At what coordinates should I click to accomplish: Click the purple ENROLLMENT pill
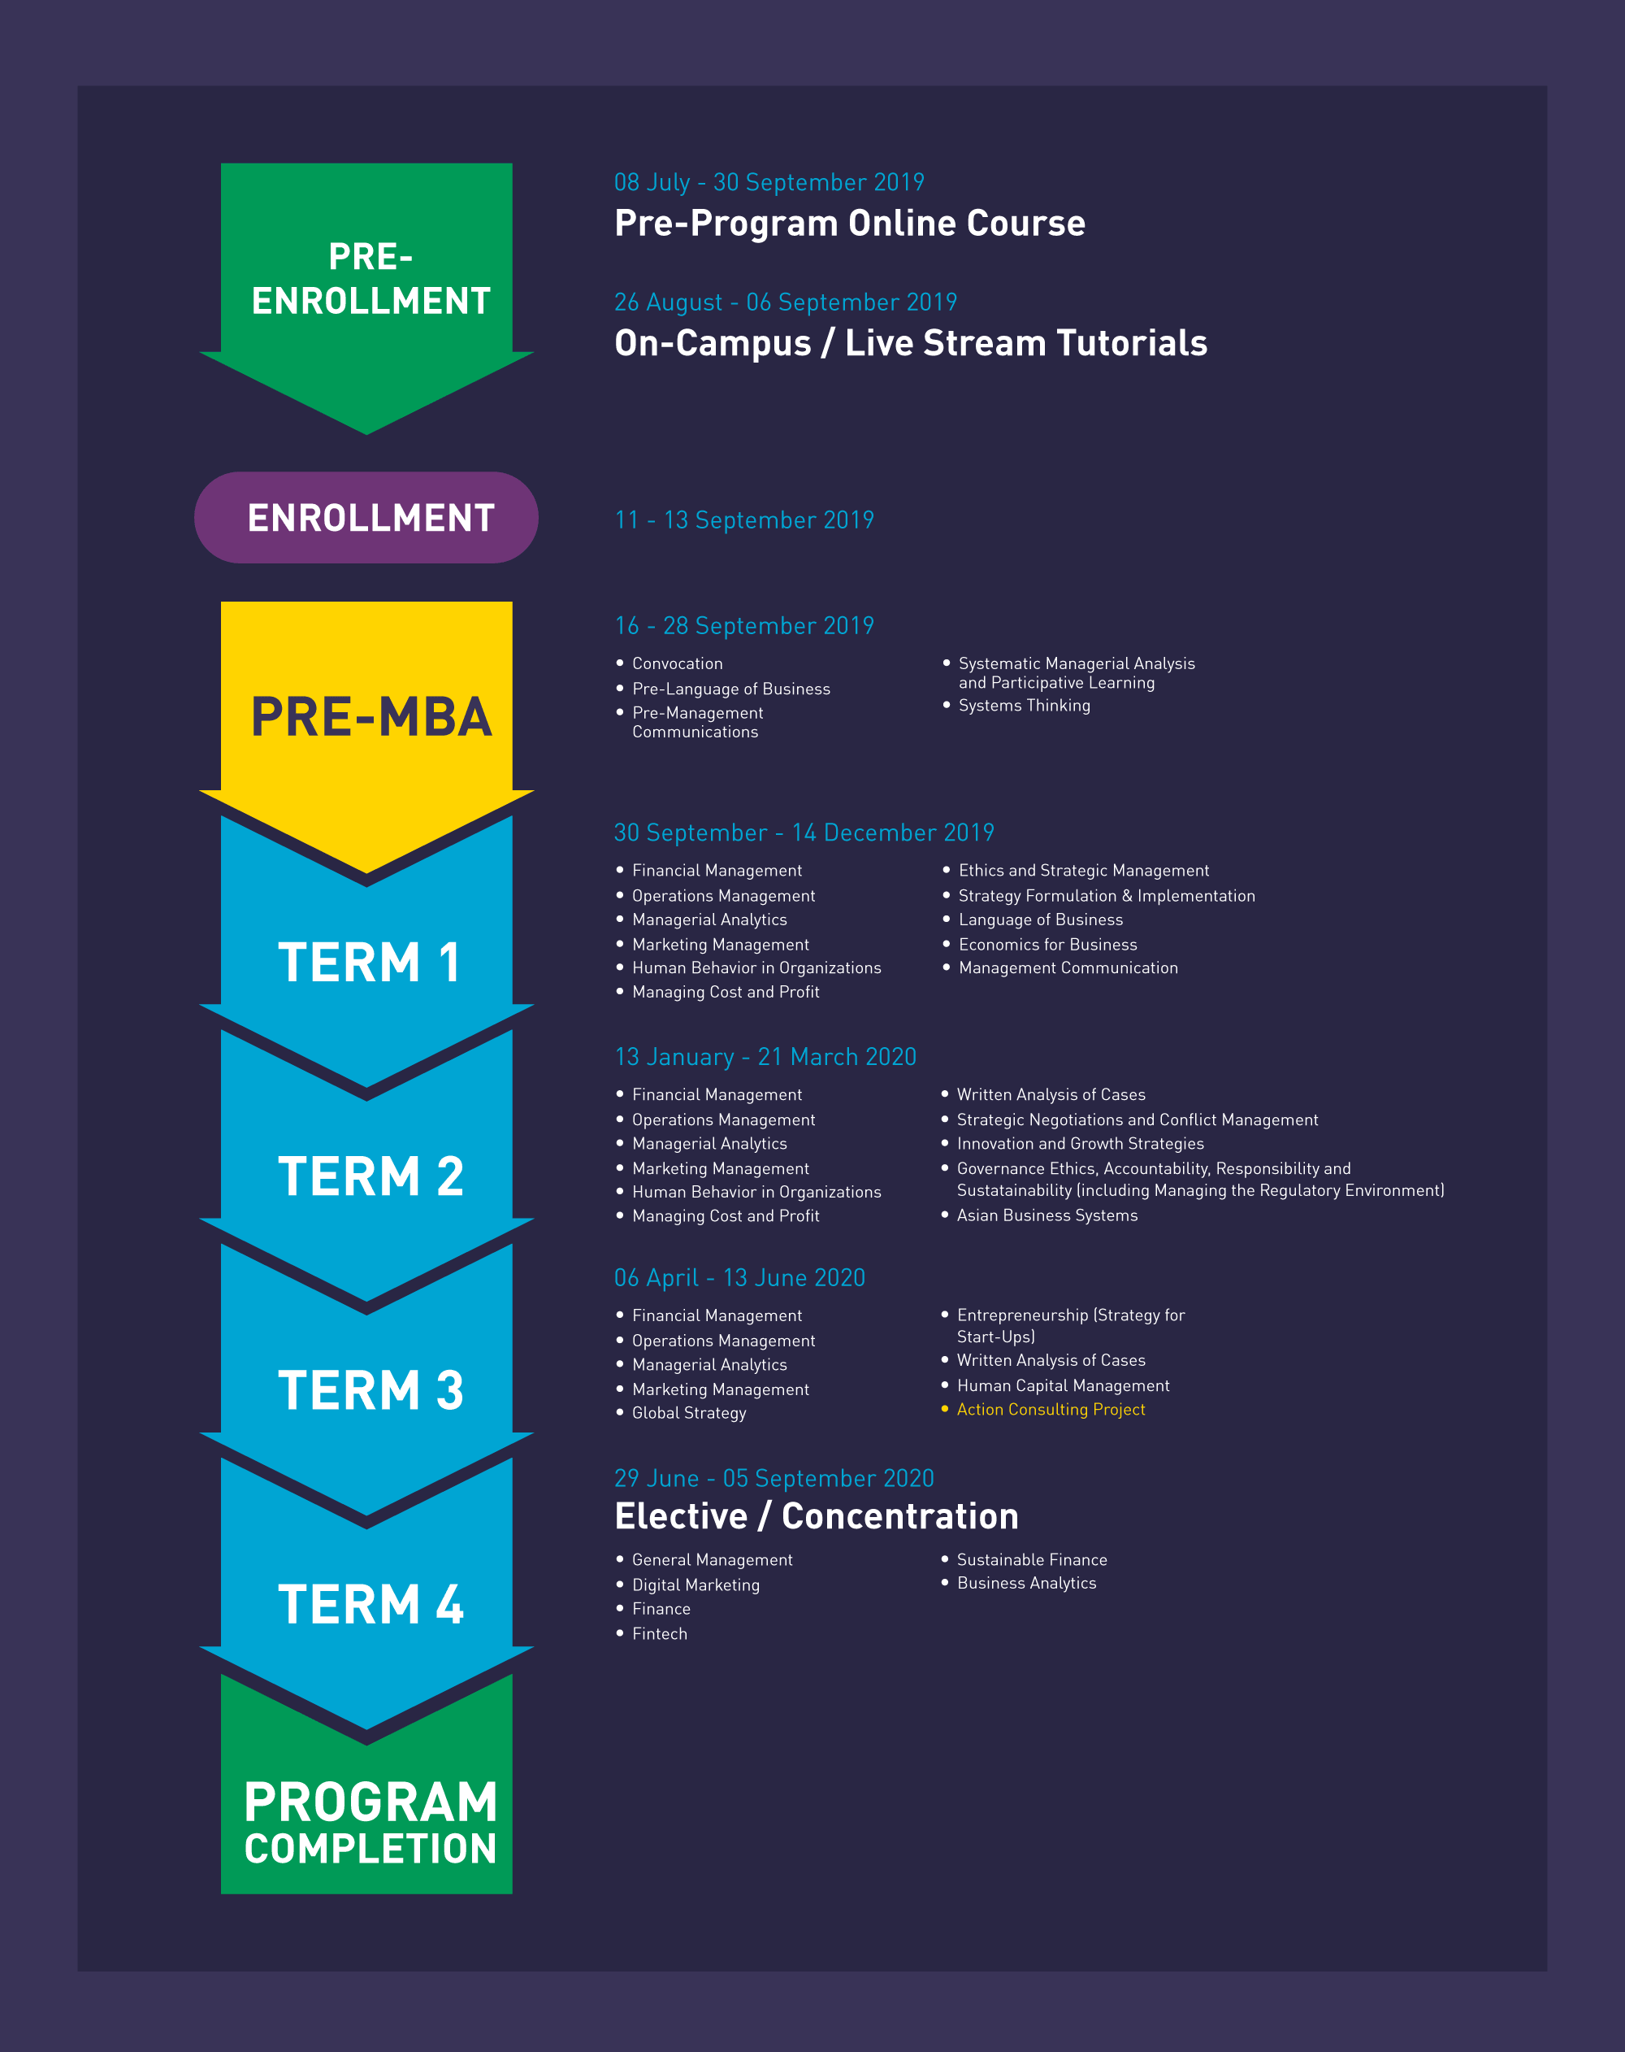click(366, 518)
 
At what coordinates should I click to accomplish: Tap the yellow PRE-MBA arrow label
click(371, 717)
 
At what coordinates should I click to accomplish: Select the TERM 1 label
click(369, 963)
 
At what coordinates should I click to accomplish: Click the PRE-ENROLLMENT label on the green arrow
click(371, 279)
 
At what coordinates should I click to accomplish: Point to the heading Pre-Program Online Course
click(850, 223)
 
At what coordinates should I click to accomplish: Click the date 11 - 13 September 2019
click(744, 520)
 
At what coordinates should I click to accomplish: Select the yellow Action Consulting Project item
click(1051, 1410)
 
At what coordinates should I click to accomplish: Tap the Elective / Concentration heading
click(817, 1516)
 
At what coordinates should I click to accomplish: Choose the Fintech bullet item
click(659, 1633)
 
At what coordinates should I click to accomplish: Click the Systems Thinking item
click(1024, 705)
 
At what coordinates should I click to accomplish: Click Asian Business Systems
click(1046, 1215)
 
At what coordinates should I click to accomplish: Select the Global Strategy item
click(689, 1413)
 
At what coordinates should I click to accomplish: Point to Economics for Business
click(1047, 944)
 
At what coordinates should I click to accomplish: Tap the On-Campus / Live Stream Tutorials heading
click(911, 342)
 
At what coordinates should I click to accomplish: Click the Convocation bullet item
click(678, 663)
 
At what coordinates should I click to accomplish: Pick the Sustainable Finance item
click(1031, 1560)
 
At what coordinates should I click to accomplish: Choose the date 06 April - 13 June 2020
click(739, 1277)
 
